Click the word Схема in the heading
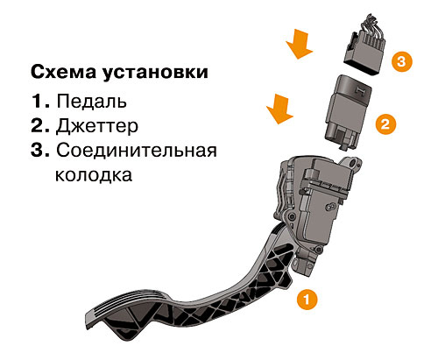click(x=63, y=72)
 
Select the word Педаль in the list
click(x=92, y=102)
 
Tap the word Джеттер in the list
click(x=97, y=126)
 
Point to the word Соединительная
click(x=137, y=151)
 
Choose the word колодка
click(x=94, y=175)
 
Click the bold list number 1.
click(x=40, y=101)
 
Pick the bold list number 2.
click(x=40, y=125)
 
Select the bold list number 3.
click(x=40, y=150)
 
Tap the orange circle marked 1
click(x=307, y=300)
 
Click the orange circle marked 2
click(x=385, y=124)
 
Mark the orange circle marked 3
click(x=401, y=61)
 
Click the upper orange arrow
click(x=300, y=44)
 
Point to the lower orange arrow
click(x=279, y=109)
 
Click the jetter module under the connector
click(x=349, y=112)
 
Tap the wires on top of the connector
click(x=370, y=26)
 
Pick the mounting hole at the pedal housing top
click(x=354, y=162)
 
